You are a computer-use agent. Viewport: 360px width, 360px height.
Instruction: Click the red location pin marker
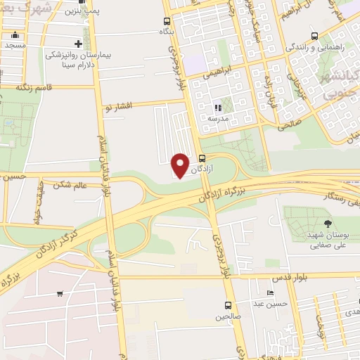pyautogui.click(x=181, y=165)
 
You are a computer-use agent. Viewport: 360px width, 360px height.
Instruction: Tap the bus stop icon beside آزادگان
pyautogui.click(x=202, y=158)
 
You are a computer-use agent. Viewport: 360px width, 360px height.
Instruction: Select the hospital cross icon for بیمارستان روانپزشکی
pyautogui.click(x=88, y=44)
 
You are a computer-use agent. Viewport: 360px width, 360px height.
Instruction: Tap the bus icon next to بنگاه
pyautogui.click(x=167, y=21)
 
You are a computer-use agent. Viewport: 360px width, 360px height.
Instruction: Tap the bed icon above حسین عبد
pyautogui.click(x=271, y=292)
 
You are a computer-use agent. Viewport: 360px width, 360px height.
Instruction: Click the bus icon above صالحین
pyautogui.click(x=227, y=305)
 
